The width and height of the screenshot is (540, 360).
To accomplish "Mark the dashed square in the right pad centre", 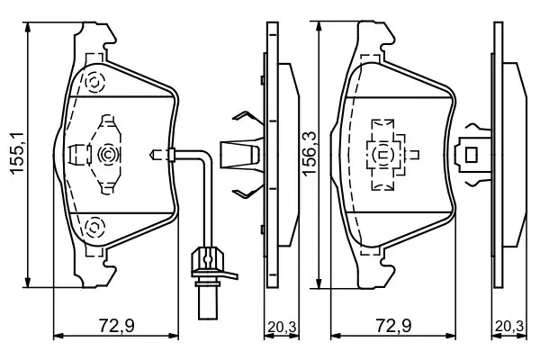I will tap(385, 152).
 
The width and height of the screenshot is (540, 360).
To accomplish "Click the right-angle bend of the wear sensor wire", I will tap(209, 162).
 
